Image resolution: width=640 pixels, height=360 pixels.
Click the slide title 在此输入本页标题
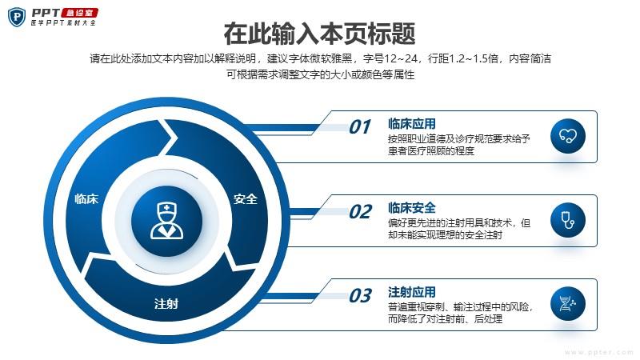coord(319,34)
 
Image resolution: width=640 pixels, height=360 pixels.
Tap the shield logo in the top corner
coord(17,17)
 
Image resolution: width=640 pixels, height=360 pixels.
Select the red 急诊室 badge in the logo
coord(79,13)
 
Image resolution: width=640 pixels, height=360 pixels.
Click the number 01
coord(360,127)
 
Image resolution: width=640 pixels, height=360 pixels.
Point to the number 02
coord(361,212)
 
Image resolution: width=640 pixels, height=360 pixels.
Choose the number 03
coord(361,296)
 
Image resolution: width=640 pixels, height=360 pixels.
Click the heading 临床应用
coord(412,124)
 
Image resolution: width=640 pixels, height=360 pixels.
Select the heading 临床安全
coord(412,208)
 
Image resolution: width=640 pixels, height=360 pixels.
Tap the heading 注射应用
coord(412,292)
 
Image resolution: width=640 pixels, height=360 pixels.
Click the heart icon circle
coord(568,136)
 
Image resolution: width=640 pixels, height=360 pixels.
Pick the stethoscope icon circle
coord(568,220)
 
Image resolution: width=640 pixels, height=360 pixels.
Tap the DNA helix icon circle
coord(568,304)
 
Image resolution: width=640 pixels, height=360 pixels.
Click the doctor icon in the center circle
coord(166,221)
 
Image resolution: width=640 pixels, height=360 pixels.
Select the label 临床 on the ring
coord(86,199)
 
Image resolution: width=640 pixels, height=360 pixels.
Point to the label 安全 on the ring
coord(246,199)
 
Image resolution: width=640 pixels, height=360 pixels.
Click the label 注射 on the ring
coord(166,304)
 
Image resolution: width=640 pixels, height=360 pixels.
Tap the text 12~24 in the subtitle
coord(401,58)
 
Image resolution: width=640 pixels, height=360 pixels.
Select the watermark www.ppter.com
coord(598,352)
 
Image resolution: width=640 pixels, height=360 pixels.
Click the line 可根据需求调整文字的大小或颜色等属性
coord(321,74)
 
